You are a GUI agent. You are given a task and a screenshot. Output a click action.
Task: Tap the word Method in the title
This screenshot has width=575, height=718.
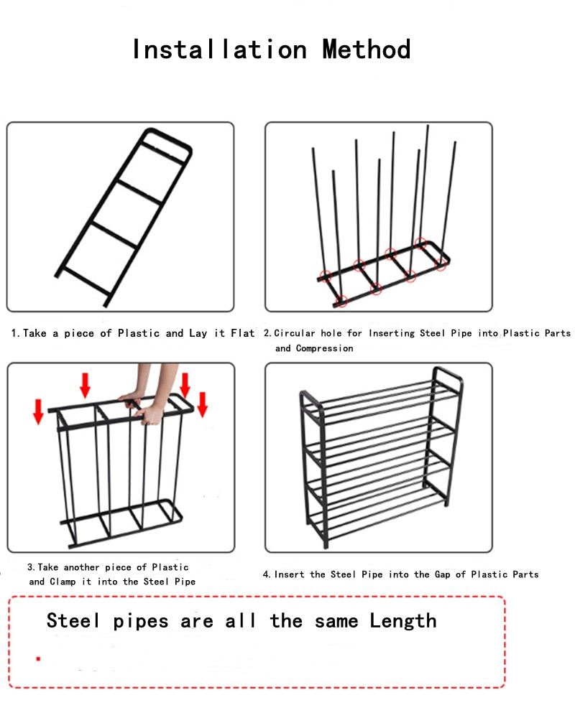coord(367,50)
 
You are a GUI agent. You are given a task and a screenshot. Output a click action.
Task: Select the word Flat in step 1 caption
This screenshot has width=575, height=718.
coord(242,333)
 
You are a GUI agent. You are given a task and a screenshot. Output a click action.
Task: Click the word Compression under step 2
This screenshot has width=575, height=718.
coord(324,348)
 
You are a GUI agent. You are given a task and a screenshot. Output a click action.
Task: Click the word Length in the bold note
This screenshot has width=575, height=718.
coord(403,620)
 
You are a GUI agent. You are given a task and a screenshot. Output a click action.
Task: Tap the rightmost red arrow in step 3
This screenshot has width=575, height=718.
coord(202,404)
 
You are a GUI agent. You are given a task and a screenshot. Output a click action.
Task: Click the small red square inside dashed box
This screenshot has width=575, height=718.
coord(38,658)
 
